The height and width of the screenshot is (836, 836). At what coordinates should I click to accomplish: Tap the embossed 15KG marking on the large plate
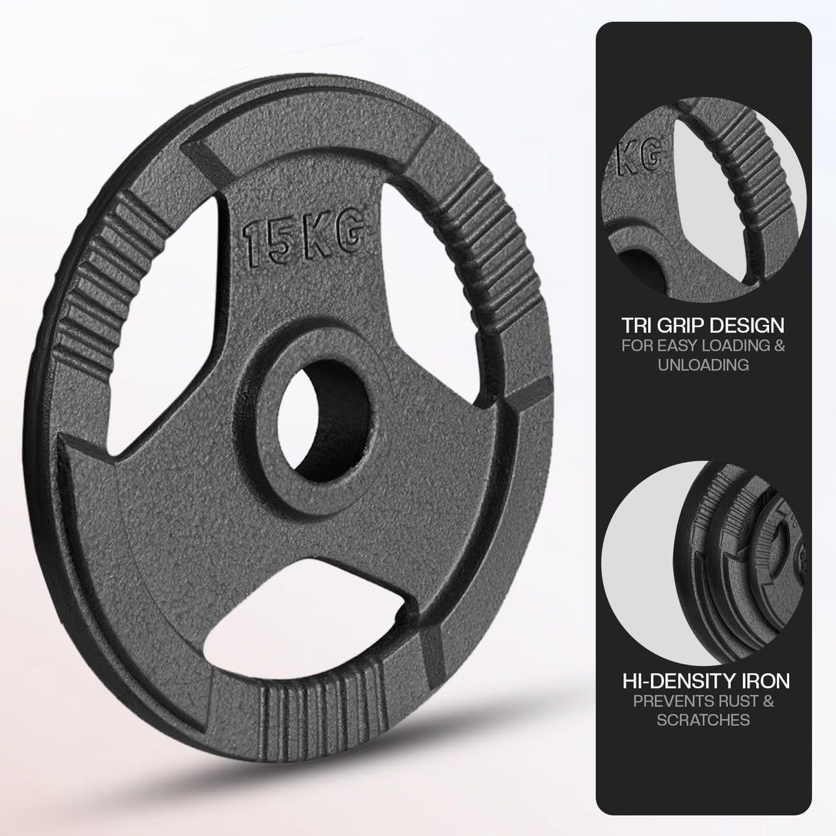point(302,238)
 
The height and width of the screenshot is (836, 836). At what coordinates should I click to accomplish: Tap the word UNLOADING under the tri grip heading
point(703,365)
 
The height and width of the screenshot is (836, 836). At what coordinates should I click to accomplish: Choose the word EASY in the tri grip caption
point(684,345)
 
